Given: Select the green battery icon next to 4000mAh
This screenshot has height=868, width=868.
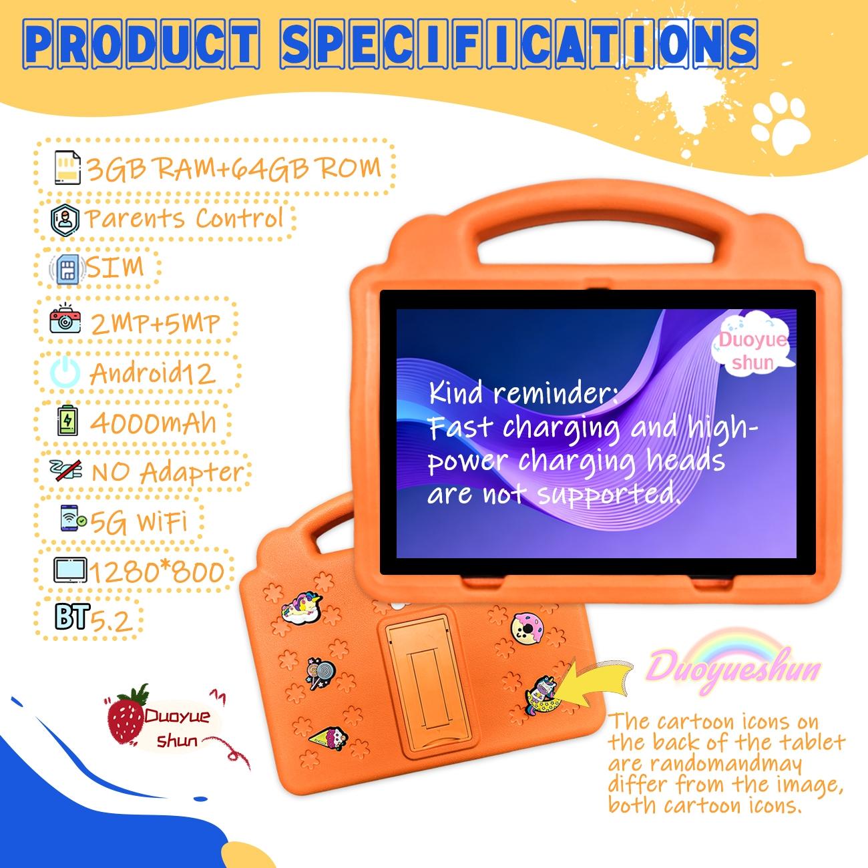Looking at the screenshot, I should (x=67, y=422).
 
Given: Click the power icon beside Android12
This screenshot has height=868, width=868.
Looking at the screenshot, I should (x=65, y=373).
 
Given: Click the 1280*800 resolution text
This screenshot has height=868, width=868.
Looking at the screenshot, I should (x=156, y=572).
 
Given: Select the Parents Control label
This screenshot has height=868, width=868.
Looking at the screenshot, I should (x=184, y=219).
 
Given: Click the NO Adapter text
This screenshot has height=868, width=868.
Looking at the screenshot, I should (x=167, y=472).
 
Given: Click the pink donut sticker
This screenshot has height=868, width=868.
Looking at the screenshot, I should (x=527, y=628).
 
